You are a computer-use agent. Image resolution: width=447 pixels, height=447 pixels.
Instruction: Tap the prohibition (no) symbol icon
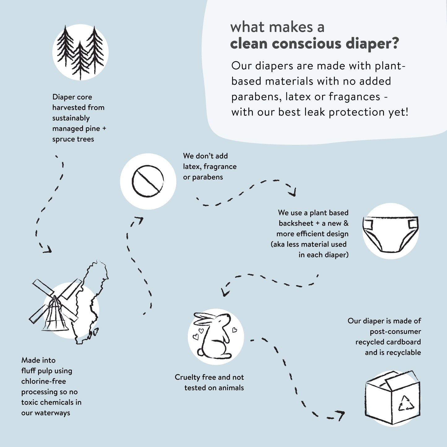pos(148,181)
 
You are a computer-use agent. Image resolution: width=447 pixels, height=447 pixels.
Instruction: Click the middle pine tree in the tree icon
pos(80,59)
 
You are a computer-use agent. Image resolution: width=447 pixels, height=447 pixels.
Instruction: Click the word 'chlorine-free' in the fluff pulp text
pos(44,381)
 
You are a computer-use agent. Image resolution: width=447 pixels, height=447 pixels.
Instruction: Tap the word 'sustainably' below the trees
pos(71,118)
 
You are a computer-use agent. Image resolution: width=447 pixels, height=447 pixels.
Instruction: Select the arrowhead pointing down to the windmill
pos(47,249)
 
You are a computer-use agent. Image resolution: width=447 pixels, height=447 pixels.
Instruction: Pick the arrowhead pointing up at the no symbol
pos(140,220)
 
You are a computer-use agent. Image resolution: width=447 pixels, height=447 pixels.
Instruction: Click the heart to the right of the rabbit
pos(234,330)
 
